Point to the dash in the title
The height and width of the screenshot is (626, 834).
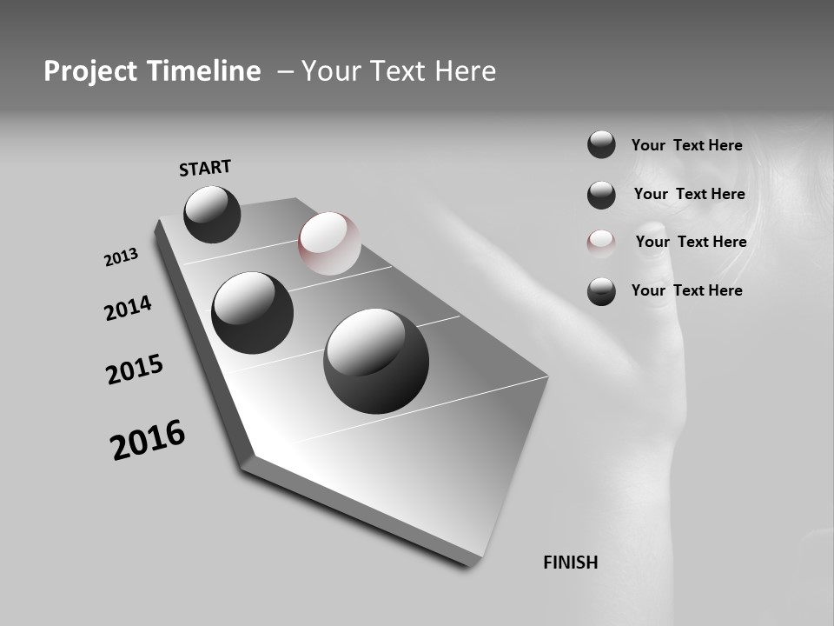(285, 71)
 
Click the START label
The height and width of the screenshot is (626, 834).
(205, 168)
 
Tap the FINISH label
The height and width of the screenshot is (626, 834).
(570, 563)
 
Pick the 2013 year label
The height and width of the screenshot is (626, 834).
(121, 257)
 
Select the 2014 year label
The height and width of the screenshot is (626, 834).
(128, 308)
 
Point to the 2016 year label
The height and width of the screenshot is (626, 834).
(148, 440)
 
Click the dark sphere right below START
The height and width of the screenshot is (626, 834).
(212, 214)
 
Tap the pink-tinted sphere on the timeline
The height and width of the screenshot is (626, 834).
(329, 243)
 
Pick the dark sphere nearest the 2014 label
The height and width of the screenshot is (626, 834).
(252, 312)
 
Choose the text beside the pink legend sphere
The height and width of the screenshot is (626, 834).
(691, 242)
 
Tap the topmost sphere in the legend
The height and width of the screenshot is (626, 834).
(601, 144)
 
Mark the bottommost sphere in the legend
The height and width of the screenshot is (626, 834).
(601, 291)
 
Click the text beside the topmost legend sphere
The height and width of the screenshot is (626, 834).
(686, 145)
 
